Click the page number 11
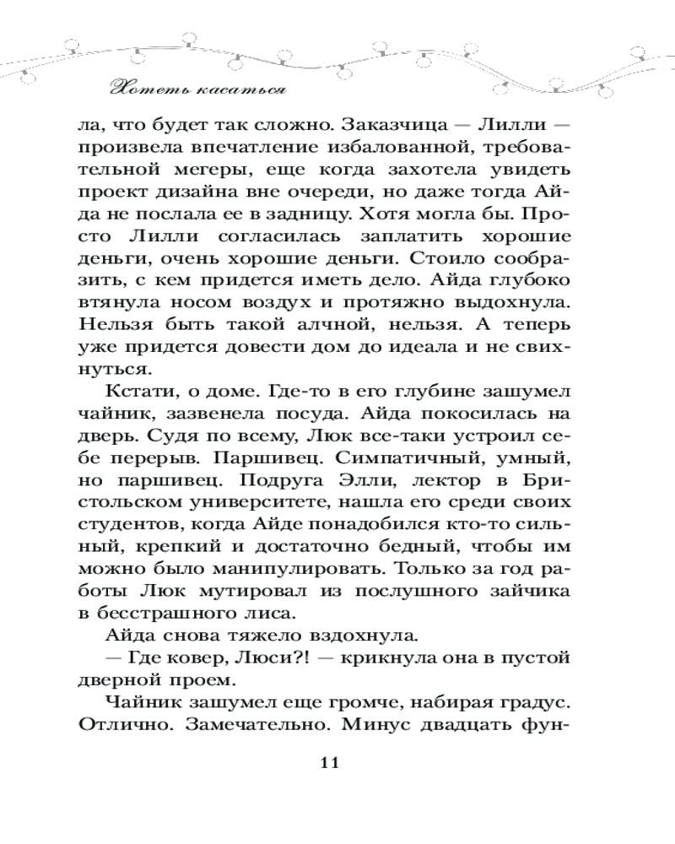pyautogui.click(x=329, y=763)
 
